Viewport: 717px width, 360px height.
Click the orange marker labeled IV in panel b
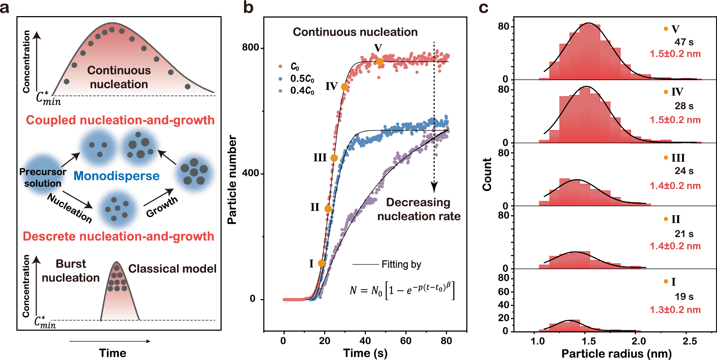344,87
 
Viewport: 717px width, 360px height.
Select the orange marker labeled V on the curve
379,62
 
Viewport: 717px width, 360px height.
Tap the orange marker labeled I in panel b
321,263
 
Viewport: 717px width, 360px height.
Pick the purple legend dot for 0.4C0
280,91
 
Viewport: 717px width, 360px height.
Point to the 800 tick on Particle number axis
250,47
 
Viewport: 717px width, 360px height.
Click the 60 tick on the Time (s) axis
406,341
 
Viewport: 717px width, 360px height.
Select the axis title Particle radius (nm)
616,354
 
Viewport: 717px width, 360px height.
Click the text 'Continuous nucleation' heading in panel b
355,32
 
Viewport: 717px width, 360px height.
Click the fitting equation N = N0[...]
401,290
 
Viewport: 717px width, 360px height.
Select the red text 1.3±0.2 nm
675,309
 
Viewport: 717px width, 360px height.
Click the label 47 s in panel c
684,42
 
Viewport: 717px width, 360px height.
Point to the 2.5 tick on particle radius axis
689,341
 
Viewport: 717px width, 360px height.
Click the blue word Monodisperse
116,176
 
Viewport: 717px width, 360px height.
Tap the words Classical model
172,269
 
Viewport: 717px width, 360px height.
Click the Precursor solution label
43,177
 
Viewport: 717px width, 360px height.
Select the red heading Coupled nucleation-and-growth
120,120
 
